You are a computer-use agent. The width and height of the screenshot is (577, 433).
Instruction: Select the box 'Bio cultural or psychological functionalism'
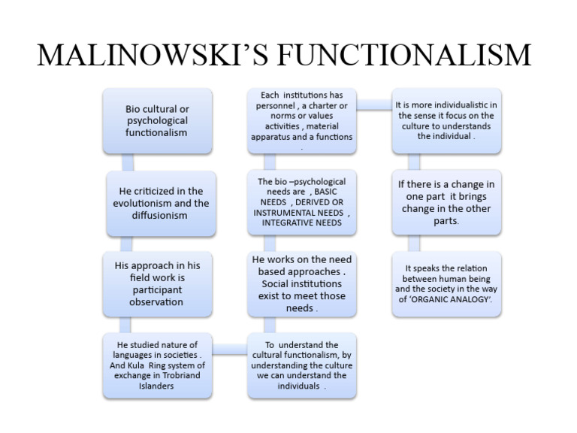point(157,120)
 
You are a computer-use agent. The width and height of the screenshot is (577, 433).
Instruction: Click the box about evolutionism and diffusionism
point(157,203)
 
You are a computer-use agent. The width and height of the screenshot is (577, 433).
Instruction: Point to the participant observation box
point(157,283)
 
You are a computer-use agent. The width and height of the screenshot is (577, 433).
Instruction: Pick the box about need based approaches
point(302,283)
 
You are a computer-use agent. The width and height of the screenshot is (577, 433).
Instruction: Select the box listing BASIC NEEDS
point(302,202)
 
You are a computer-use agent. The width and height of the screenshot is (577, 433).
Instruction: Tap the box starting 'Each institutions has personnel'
point(302,120)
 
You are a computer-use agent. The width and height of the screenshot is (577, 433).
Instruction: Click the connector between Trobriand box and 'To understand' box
point(229,347)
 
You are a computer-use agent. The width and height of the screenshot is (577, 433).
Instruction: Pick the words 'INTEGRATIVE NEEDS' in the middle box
point(302,223)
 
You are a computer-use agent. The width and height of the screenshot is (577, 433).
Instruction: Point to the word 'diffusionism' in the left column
point(157,216)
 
